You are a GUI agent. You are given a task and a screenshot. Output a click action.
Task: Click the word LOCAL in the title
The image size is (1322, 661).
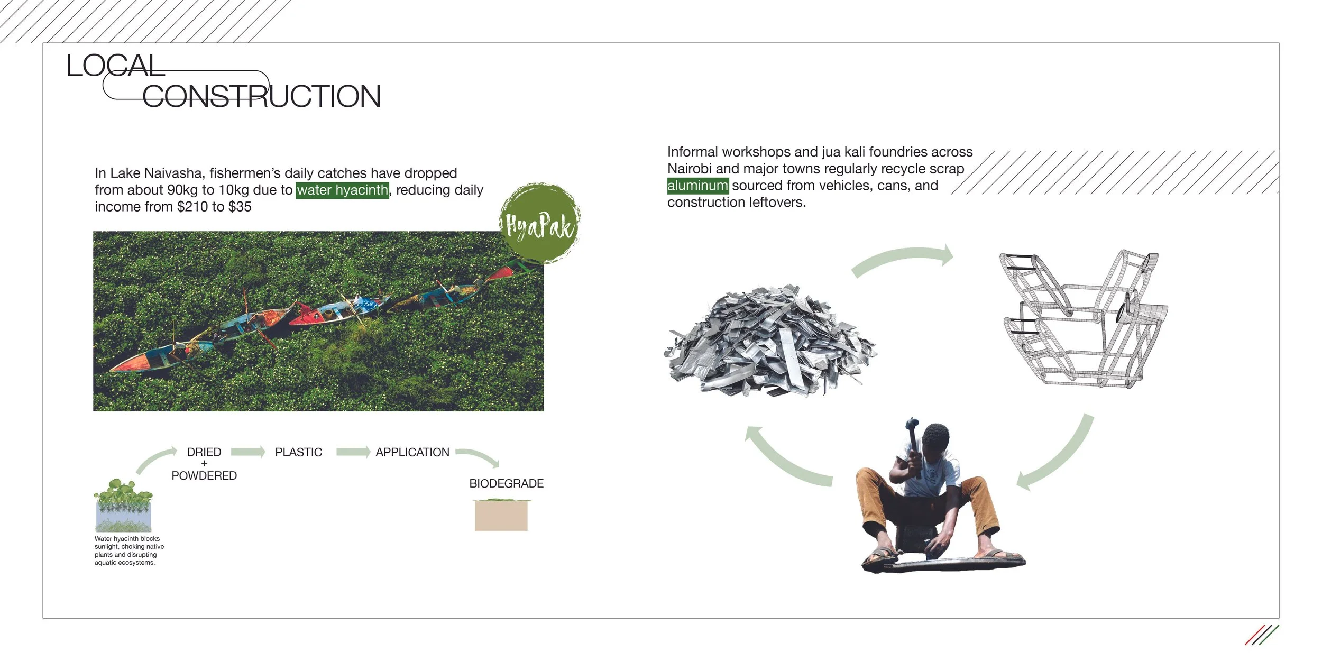tap(115, 66)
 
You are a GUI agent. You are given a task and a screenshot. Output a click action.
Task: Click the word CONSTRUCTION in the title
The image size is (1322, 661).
tap(261, 96)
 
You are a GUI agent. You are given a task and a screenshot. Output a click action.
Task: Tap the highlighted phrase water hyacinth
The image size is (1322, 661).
tap(342, 190)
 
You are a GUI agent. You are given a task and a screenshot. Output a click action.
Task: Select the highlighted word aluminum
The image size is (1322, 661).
tap(697, 186)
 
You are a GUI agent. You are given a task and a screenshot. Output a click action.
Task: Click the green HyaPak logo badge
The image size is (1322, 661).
tap(539, 224)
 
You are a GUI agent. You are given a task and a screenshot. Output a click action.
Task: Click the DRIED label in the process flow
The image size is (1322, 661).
tap(204, 452)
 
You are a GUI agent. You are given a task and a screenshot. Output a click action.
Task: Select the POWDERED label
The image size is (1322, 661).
tap(204, 476)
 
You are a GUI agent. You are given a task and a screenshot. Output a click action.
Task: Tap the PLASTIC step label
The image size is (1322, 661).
tap(298, 452)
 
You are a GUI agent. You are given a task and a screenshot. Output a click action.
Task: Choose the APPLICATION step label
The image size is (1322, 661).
tap(412, 452)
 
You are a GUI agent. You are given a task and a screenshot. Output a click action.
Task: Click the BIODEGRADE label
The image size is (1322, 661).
tap(506, 483)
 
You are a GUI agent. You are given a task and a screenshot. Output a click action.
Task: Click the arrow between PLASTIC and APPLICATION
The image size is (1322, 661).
tap(353, 452)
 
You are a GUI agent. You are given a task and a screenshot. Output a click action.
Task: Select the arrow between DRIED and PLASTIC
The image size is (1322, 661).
tap(248, 452)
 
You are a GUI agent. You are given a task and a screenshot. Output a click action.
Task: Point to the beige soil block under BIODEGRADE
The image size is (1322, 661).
tap(501, 516)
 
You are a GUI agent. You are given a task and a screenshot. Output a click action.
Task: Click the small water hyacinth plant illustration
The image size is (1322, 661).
tap(124, 505)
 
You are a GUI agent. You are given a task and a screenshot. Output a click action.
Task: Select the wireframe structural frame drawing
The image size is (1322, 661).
tap(1084, 320)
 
